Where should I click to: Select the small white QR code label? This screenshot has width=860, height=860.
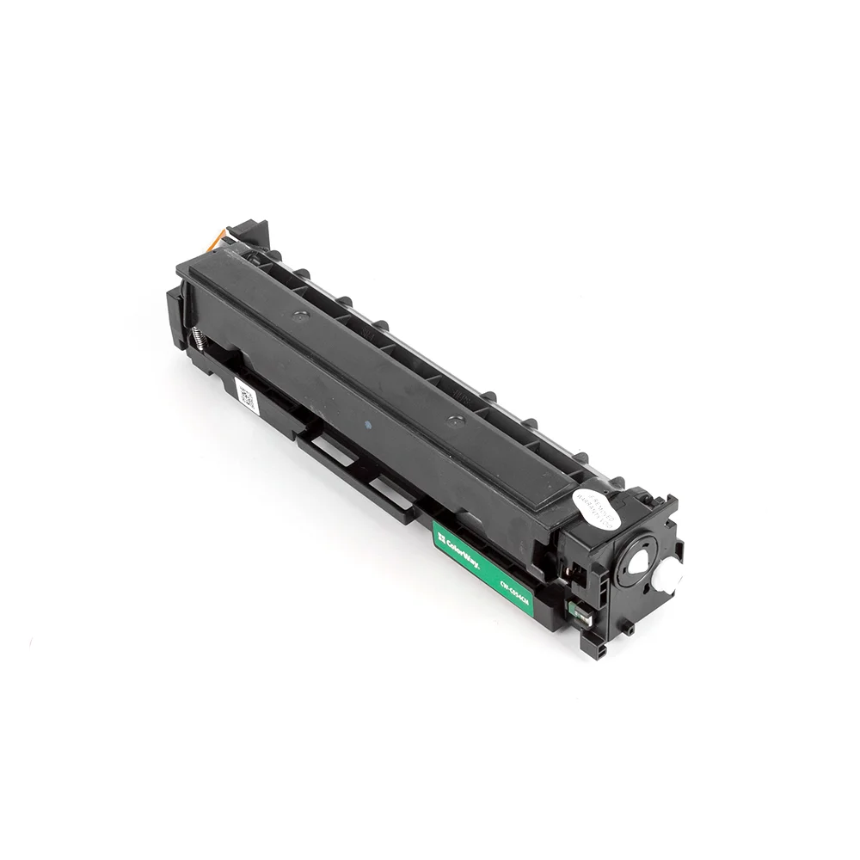pos(247,396)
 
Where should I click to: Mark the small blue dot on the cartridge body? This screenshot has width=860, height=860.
pos(368,423)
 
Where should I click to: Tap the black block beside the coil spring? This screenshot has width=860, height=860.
pos(177,318)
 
